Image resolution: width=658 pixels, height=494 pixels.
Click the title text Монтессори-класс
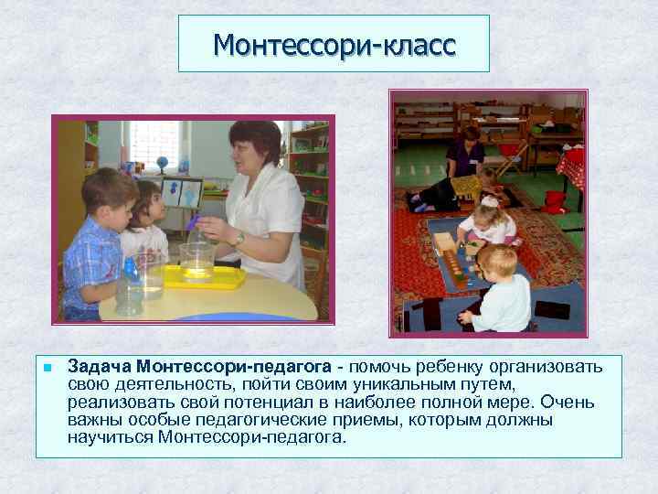coord(334,43)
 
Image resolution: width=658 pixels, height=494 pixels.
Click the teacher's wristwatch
coord(239,238)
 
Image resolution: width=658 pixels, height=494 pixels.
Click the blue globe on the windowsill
coord(162,164)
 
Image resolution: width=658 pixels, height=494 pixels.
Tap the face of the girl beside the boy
coord(149,206)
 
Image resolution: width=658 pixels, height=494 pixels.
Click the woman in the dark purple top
coord(466,156)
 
